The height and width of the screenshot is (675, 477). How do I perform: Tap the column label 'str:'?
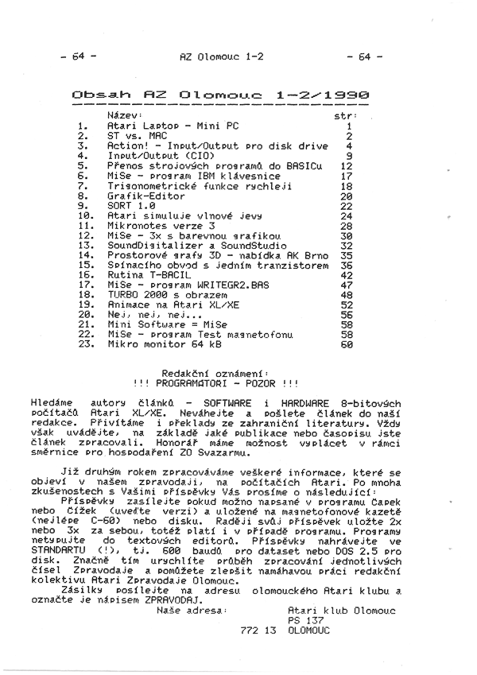[x=345, y=116]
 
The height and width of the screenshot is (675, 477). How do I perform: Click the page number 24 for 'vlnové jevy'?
[x=346, y=215]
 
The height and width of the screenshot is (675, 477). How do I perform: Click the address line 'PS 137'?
[x=306, y=619]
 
